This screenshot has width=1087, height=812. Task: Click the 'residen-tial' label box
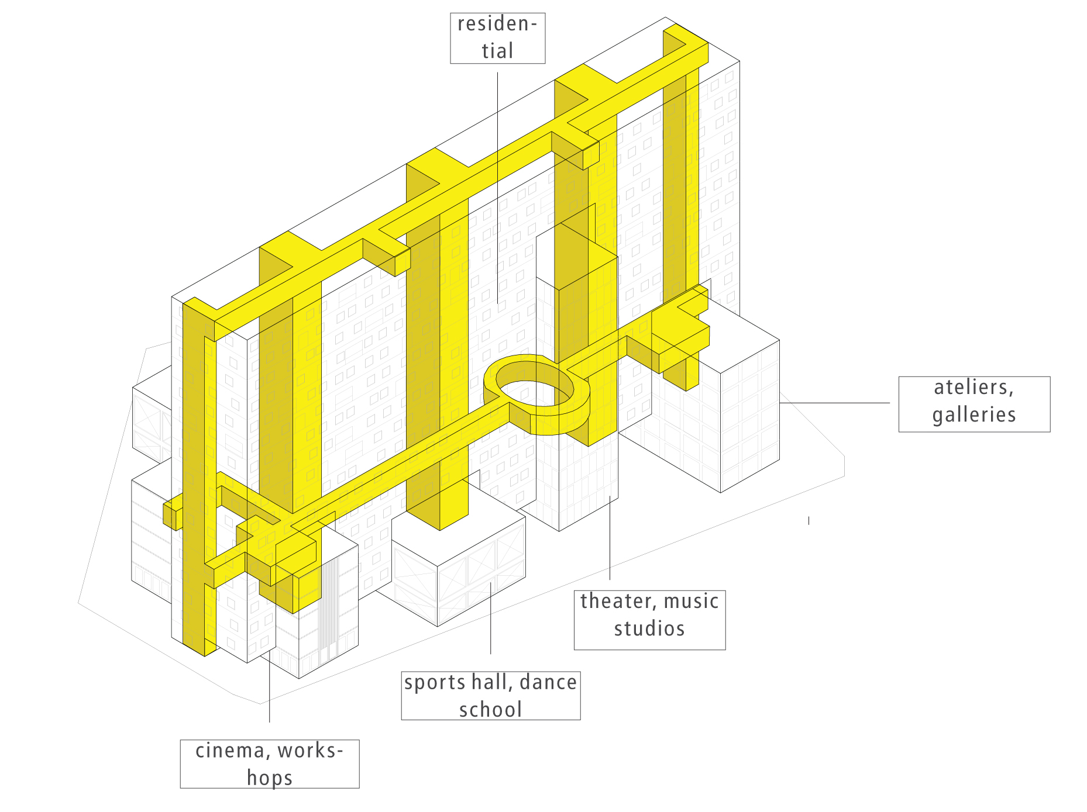[498, 38]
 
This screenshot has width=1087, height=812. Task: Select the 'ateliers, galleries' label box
[974, 404]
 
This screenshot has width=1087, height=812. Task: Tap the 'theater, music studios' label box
[649, 620]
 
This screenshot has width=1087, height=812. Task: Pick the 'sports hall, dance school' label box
[491, 695]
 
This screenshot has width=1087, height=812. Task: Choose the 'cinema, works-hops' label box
[270, 763]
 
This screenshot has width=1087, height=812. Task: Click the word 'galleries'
[974, 414]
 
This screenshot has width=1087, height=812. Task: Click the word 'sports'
[429, 683]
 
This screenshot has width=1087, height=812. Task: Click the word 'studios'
[649, 628]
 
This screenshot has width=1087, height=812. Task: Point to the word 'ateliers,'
[974, 387]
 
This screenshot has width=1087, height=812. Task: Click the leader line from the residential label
[498, 188]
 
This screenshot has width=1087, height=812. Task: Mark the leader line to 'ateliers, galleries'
[835, 402]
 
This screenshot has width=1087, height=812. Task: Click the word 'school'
[490, 710]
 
